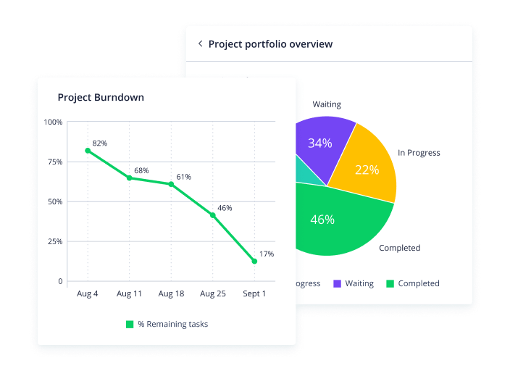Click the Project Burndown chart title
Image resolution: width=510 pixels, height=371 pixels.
point(101,97)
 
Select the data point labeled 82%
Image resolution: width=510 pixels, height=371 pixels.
point(88,151)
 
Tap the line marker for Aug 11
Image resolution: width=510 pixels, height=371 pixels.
point(130,178)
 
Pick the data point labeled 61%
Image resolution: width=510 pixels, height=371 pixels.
point(172,184)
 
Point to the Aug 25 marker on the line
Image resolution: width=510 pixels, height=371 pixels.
point(213,215)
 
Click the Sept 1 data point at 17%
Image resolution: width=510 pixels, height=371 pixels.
point(254,261)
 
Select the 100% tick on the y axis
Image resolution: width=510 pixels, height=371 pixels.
point(53,122)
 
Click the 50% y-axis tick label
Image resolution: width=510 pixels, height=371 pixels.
point(55,201)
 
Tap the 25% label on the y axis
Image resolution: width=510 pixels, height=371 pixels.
point(55,241)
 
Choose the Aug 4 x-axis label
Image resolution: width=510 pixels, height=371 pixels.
point(88,293)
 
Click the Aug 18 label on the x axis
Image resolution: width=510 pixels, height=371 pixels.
point(171,293)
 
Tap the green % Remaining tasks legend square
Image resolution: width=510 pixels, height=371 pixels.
point(130,325)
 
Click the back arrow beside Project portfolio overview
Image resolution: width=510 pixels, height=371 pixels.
point(200,43)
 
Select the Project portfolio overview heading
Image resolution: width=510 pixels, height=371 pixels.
point(270,44)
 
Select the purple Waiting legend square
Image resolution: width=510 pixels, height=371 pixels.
point(337,283)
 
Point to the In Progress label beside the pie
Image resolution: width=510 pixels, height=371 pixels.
point(419,153)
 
